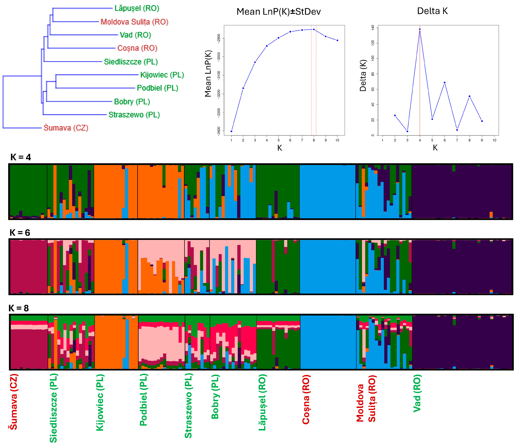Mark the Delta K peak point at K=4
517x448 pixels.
coord(420,29)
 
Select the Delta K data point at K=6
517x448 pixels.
coord(444,82)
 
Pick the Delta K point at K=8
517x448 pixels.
coord(469,96)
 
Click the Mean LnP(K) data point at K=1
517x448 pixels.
coord(231,131)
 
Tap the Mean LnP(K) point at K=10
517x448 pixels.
coord(337,40)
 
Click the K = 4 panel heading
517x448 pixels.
coord(21,157)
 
